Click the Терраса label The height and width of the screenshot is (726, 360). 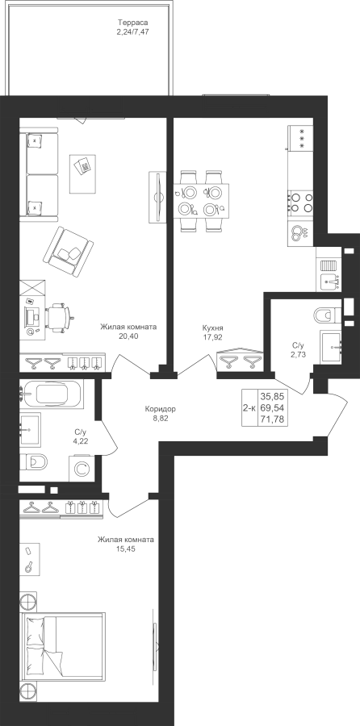pos(132,23)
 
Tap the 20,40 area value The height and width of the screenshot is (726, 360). pos(128,336)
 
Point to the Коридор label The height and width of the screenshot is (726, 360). pos(161,409)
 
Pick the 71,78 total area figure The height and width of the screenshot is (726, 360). pos(274,420)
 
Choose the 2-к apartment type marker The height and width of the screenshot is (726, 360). pos(249,408)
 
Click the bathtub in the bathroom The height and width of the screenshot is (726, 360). pos(52,394)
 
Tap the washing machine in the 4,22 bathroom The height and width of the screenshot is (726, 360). pos(82,469)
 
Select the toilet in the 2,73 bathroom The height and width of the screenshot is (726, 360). pos(327,315)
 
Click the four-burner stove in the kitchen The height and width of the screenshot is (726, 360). pos(301,202)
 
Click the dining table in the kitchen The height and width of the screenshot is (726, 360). pos(201,201)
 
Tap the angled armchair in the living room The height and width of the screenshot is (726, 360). pos(69,251)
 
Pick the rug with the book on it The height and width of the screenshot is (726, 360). pos(83,174)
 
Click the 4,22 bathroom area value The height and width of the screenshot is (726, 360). pos(81,440)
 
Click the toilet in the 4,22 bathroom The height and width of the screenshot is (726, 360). pos(35,461)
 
